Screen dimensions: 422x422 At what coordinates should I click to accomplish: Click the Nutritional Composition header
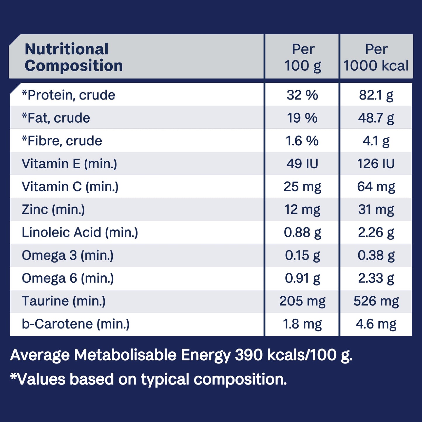(x=74, y=57)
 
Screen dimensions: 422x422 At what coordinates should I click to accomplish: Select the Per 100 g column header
(x=303, y=57)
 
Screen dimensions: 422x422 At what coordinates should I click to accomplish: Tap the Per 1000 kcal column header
(x=376, y=57)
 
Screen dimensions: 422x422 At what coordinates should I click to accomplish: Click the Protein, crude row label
(x=69, y=95)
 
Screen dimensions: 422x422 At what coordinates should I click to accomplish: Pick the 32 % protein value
(x=302, y=95)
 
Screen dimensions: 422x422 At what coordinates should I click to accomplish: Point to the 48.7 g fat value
(x=376, y=118)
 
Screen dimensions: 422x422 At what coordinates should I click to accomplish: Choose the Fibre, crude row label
(x=62, y=141)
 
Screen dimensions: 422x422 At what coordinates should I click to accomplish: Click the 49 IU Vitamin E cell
(x=302, y=164)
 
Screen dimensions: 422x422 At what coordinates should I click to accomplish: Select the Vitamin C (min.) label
(x=70, y=187)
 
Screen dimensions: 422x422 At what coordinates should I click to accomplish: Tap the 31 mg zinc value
(x=376, y=209)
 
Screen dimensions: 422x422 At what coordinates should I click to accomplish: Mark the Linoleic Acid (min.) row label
(x=80, y=232)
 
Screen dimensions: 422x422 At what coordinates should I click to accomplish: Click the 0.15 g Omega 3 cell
(x=302, y=255)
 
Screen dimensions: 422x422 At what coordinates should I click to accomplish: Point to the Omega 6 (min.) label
(x=68, y=278)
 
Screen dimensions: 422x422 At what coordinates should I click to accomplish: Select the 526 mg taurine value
(x=376, y=301)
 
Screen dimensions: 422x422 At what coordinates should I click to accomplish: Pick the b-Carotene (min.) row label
(x=76, y=324)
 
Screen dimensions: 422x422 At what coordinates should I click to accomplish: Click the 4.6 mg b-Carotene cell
(x=376, y=324)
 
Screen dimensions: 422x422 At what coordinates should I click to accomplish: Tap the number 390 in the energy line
(x=249, y=355)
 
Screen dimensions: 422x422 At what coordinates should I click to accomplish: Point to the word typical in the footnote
(x=165, y=379)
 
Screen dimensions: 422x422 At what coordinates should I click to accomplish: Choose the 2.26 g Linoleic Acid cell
(x=376, y=232)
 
